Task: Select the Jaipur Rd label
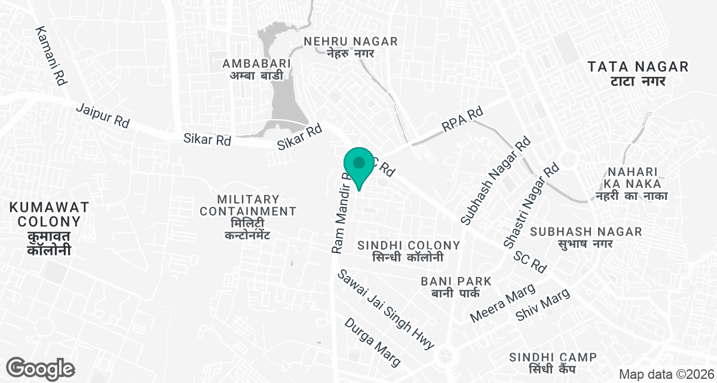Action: tap(103, 115)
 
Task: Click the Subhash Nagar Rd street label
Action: tap(495, 181)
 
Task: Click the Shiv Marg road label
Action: tap(543, 304)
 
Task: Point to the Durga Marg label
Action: tap(372, 341)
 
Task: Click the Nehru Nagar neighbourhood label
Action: tap(351, 47)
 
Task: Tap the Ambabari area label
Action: tap(256, 69)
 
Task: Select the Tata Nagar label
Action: tap(638, 73)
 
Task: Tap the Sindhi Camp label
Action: tap(553, 363)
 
